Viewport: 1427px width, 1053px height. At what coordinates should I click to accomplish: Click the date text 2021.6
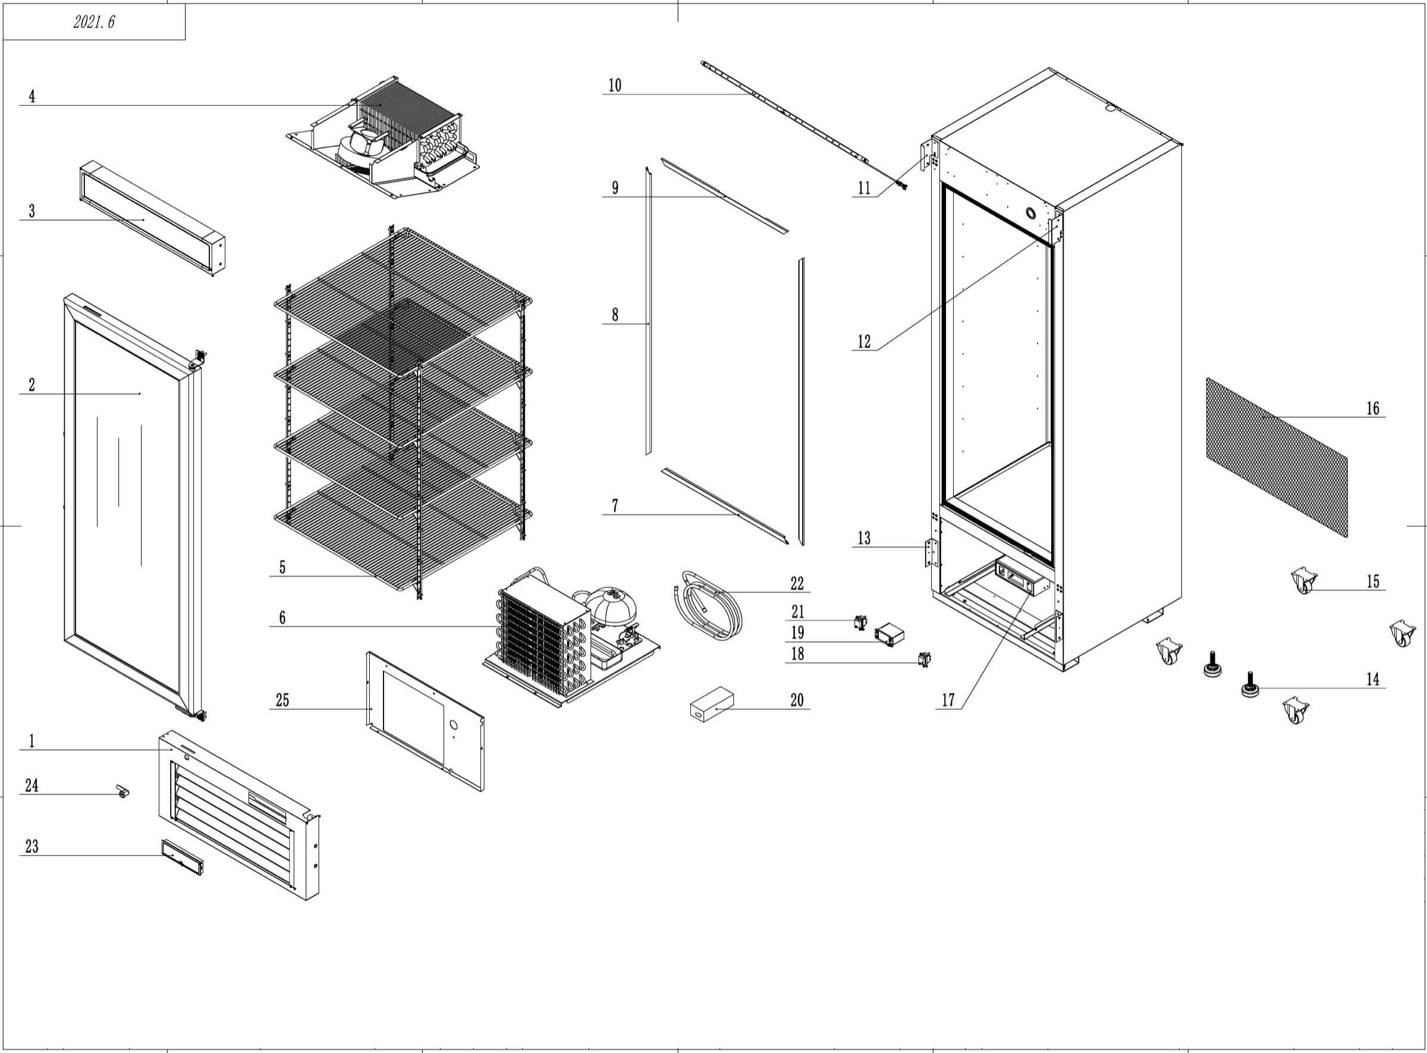pos(94,23)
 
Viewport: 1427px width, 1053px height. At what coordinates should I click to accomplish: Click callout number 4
pos(32,96)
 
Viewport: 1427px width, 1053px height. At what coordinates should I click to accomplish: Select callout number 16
pos(1372,408)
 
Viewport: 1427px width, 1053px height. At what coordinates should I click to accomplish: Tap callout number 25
pos(282,700)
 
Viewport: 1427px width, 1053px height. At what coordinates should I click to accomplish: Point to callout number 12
pos(863,342)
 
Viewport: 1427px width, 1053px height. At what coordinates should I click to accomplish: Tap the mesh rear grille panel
pos(1277,457)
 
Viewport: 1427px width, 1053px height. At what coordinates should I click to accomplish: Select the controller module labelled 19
pos(889,634)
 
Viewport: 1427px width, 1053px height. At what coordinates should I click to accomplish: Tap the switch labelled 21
pos(860,621)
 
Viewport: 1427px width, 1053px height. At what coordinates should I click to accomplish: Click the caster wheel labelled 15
pos(1303,581)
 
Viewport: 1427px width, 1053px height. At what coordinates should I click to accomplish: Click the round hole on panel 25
pos(454,725)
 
